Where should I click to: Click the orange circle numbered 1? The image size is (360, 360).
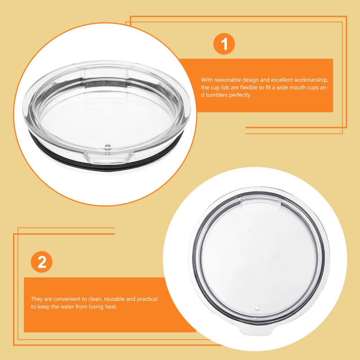pos(224,44)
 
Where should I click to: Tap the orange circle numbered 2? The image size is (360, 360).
pos(41,262)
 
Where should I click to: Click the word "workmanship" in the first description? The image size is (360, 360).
pos(311,80)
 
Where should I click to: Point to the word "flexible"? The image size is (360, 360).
pos(249,87)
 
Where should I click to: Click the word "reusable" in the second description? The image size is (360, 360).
pos(115,299)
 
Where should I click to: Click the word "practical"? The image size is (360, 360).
pos(147,299)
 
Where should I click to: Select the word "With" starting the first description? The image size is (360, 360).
pos(207,80)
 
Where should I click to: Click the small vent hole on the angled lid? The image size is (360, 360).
pos(107,146)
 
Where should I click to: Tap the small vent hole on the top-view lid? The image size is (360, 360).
pos(257,308)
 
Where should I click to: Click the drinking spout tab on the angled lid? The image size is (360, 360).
pos(107,157)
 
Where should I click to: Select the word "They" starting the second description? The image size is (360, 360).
pos(37,299)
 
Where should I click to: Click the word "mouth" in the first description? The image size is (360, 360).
pos(298,87)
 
